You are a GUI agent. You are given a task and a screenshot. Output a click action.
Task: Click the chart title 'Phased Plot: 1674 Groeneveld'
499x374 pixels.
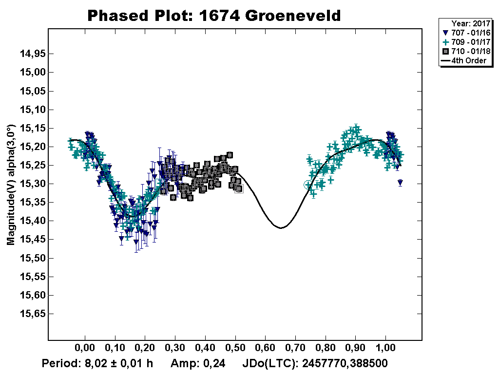(x=213, y=16)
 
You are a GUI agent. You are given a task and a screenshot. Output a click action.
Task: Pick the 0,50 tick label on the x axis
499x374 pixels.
(x=235, y=349)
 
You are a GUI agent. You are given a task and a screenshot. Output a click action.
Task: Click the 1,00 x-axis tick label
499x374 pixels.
(x=386, y=349)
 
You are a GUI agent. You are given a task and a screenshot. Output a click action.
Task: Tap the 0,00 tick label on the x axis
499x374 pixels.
(x=84, y=349)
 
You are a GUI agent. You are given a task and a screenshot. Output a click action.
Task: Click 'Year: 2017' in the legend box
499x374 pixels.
(x=470, y=23)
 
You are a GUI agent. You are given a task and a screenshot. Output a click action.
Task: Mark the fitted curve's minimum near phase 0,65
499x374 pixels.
(x=281, y=227)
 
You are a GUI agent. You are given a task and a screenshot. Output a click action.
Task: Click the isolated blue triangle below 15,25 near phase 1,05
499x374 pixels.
(x=400, y=183)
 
